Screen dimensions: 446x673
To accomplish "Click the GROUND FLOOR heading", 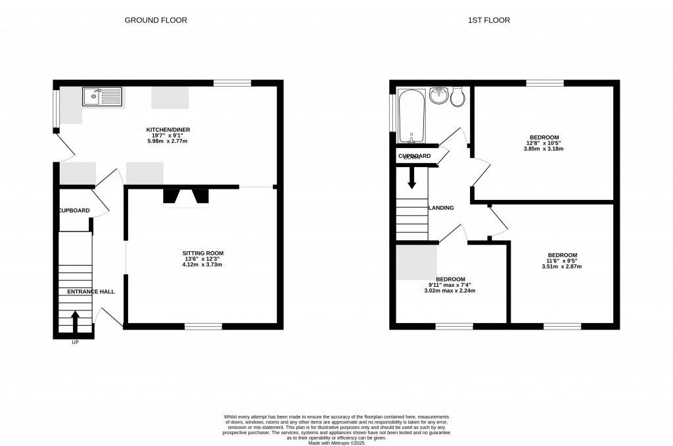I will click(156, 20).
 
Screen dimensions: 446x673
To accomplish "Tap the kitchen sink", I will click(102, 97).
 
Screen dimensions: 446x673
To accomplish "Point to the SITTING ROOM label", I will click(203, 253).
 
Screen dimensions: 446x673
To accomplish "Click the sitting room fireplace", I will click(186, 197).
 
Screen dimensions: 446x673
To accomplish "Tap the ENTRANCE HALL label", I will click(91, 291).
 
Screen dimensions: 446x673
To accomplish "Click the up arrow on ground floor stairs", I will click(74, 322).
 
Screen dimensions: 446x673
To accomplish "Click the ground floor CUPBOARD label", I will click(74, 211).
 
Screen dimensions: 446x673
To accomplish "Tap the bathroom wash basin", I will click(439, 96).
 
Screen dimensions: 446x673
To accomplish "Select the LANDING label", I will click(441, 208).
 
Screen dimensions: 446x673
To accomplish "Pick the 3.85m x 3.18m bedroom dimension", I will click(544, 149).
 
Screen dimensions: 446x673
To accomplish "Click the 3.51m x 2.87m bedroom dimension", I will click(562, 266).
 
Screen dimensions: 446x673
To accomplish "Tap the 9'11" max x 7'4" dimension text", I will click(451, 284).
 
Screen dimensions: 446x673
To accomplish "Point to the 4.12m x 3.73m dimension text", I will click(203, 265).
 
